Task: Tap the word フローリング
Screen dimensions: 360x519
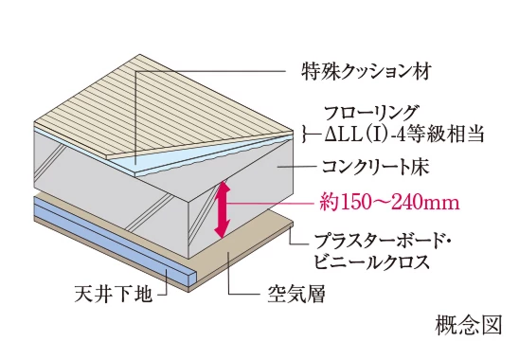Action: click(355, 113)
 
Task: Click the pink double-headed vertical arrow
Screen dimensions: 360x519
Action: click(224, 209)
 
